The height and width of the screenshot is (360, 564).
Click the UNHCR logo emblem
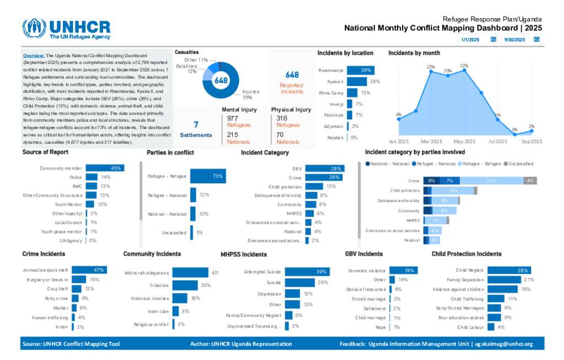(x=34, y=28)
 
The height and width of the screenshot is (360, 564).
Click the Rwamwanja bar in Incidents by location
(x=360, y=70)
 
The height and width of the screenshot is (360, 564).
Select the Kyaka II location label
(x=335, y=81)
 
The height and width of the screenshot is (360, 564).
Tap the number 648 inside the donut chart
(x=221, y=80)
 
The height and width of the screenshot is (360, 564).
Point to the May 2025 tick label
(x=464, y=141)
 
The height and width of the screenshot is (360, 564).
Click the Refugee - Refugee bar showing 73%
(x=208, y=176)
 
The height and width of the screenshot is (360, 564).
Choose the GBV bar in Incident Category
(x=324, y=168)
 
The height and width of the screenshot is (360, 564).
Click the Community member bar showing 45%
(x=104, y=168)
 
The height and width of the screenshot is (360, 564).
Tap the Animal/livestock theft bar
(x=89, y=270)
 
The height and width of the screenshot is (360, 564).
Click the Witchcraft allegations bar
(x=190, y=272)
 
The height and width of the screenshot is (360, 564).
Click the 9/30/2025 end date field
(x=516, y=40)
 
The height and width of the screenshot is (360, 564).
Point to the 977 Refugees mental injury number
(x=232, y=118)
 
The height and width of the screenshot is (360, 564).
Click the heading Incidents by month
(x=414, y=53)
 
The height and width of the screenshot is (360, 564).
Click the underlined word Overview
(x=34, y=56)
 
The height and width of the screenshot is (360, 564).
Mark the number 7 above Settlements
(x=196, y=124)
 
